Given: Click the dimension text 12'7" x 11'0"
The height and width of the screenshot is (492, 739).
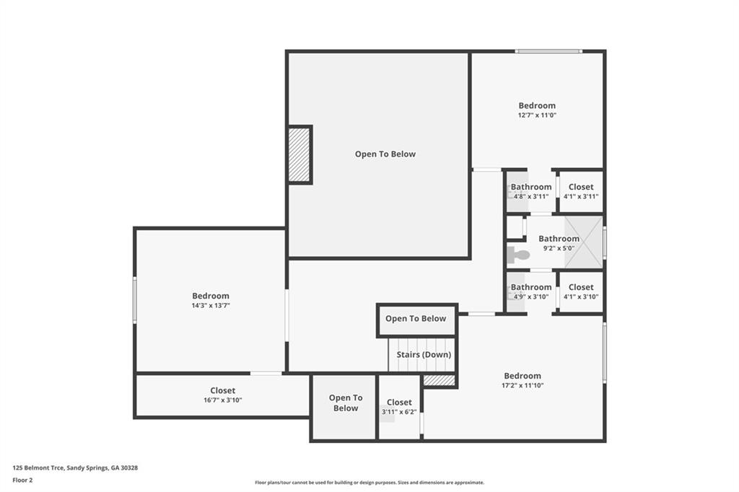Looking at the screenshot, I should [537, 115].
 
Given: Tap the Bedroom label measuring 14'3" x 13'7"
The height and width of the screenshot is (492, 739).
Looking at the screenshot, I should [211, 296].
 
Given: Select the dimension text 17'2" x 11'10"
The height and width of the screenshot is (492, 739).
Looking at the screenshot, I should [522, 385].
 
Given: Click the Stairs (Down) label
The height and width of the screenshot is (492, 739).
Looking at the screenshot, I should [424, 354].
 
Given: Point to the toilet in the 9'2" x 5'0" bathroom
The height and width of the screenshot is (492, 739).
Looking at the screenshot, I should [517, 254].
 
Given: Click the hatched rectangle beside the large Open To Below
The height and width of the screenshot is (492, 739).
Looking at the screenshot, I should [299, 155].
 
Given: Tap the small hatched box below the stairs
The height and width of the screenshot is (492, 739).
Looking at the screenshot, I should [439, 380].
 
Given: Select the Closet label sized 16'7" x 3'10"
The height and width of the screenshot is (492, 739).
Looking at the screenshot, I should [223, 390].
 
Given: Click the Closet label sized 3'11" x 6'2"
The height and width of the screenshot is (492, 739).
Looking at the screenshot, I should [399, 403].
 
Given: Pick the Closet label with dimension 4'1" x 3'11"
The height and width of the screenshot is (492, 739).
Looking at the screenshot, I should [581, 187].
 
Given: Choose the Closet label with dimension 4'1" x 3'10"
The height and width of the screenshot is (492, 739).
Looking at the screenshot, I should [581, 287].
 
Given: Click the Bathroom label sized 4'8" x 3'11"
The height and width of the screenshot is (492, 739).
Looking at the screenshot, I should [531, 187].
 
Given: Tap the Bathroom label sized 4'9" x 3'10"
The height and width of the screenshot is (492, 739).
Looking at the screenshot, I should [531, 287].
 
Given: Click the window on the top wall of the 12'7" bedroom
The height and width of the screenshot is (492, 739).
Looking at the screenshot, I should [548, 51].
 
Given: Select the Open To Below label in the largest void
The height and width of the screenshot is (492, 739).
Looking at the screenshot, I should [385, 154].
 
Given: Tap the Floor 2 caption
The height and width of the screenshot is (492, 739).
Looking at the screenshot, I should [22, 480].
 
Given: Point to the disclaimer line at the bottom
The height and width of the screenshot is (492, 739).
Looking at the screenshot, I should [369, 483].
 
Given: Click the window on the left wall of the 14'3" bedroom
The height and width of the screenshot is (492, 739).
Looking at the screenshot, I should [135, 299].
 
